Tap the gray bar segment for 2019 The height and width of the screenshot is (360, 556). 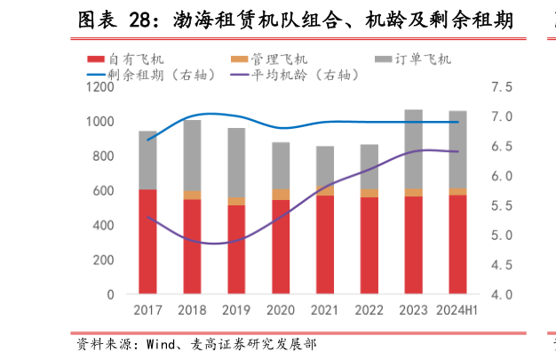click(236, 163)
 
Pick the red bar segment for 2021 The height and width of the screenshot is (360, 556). click(325, 244)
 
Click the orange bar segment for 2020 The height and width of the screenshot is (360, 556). click(281, 194)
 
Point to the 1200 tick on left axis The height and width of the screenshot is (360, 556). click(100, 87)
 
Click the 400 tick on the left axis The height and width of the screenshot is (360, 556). click(104, 225)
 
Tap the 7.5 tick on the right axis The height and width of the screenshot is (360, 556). click(502, 87)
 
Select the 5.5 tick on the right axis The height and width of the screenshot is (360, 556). click(502, 205)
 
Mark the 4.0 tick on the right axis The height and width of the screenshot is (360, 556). click(502, 294)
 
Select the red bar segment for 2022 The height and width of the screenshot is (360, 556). click(369, 245)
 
